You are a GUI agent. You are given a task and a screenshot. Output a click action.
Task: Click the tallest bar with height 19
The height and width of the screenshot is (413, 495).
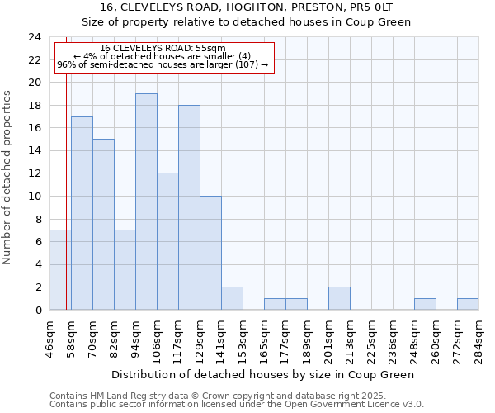[146, 202]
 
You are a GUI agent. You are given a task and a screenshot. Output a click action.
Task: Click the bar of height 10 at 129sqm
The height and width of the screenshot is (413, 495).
[210, 253]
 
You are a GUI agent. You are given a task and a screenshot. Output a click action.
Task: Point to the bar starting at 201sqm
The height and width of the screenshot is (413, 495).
[339, 298]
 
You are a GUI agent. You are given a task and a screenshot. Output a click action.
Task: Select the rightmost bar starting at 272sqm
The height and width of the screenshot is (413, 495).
[468, 304]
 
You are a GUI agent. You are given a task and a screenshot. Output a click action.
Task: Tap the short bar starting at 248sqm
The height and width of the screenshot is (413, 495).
[425, 304]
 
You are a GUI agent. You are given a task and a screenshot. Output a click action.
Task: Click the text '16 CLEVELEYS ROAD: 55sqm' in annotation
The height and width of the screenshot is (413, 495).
[163, 49]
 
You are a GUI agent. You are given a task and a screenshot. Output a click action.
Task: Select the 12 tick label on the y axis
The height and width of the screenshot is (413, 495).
[35, 173]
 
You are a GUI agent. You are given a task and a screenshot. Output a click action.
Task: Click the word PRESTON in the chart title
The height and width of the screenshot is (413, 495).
[304, 7]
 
